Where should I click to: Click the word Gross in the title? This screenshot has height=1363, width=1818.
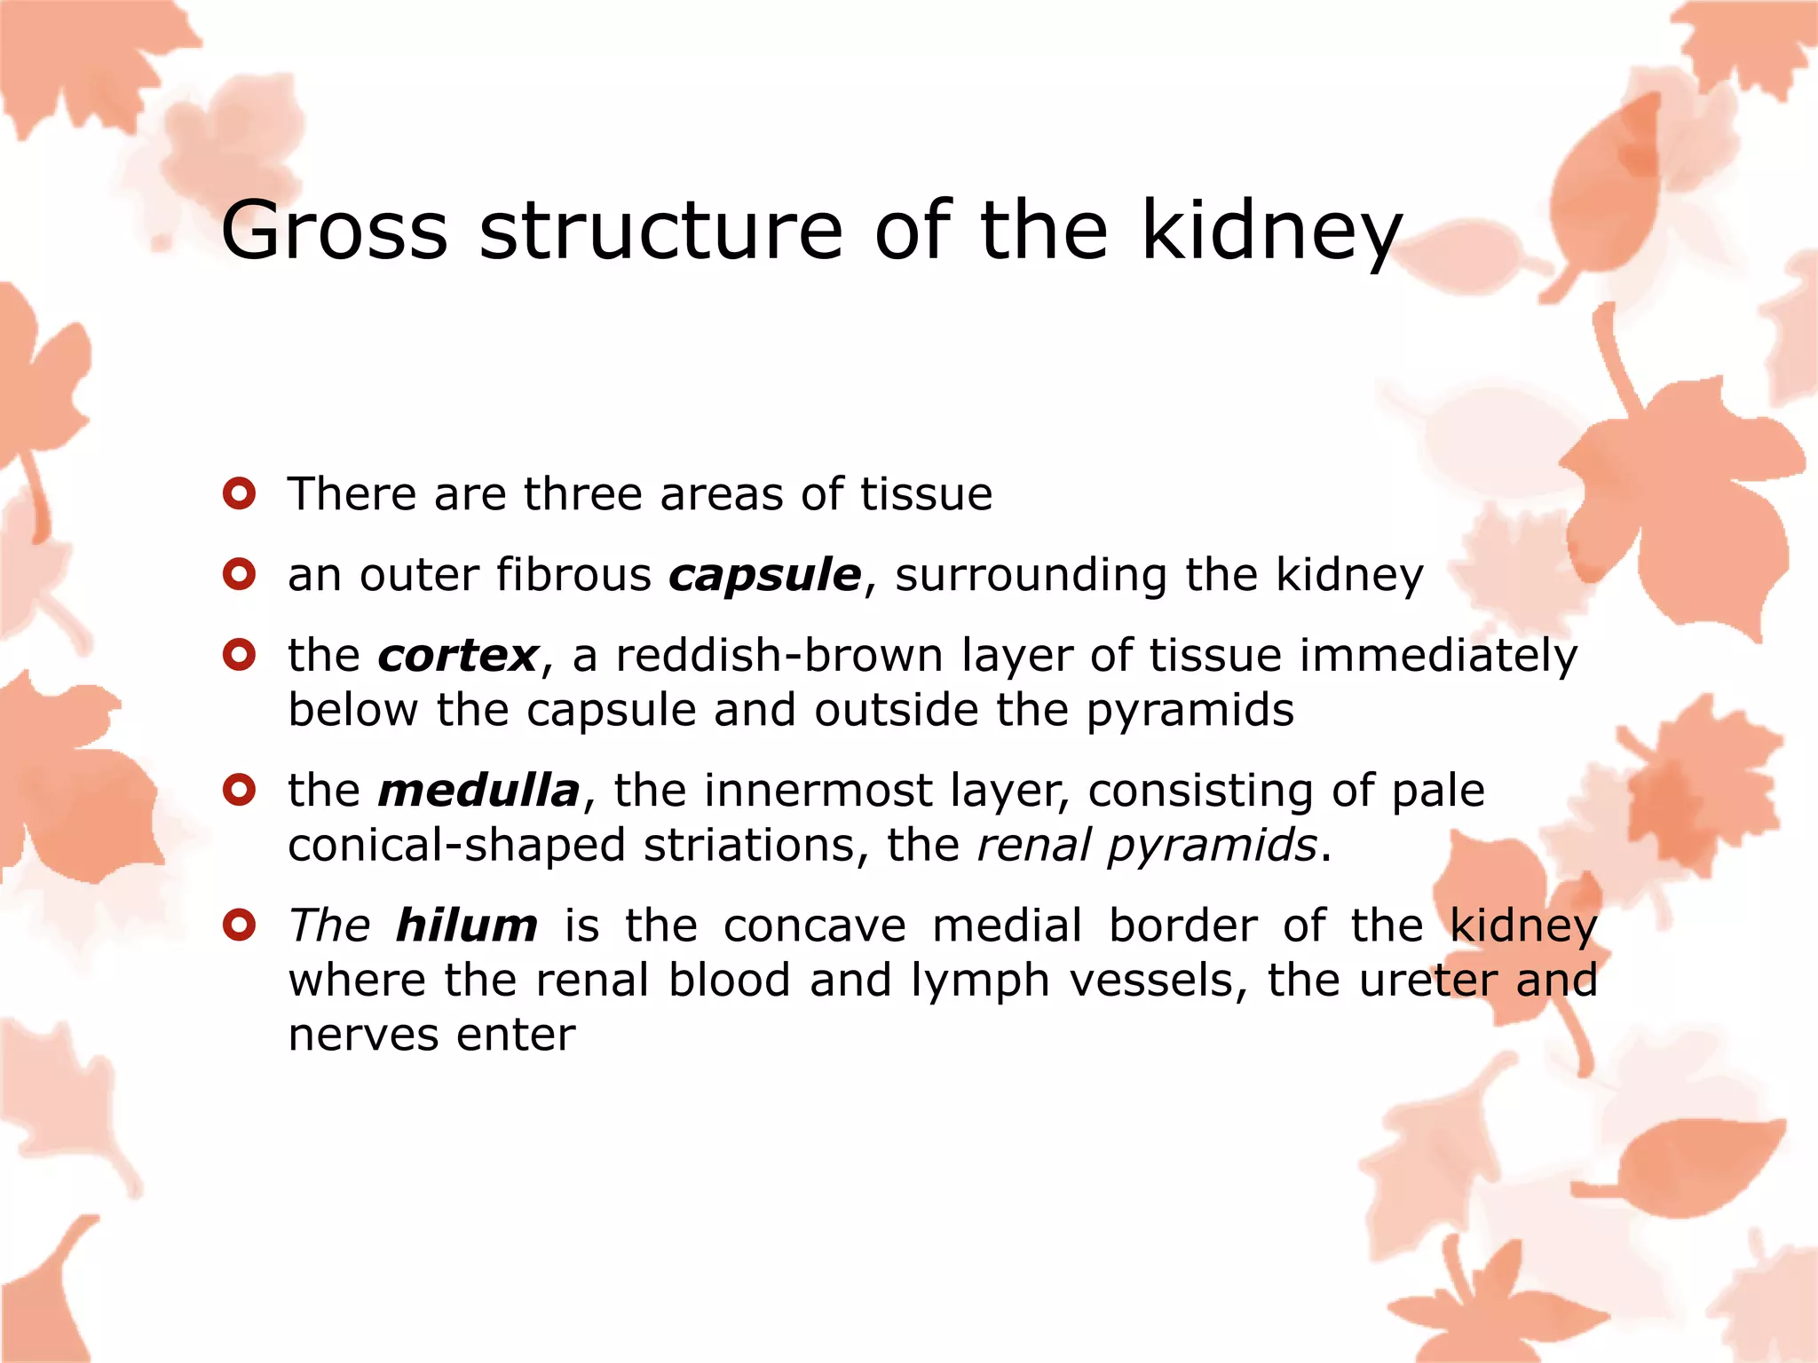point(334,231)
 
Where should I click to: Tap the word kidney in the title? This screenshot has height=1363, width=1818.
point(1271,232)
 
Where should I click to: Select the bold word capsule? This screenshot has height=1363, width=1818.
point(764,576)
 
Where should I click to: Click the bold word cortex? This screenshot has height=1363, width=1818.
point(458,657)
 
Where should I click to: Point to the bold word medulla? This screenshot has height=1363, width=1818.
point(478,791)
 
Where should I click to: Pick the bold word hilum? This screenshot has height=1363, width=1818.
point(467,926)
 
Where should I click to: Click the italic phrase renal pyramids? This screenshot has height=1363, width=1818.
point(1146,846)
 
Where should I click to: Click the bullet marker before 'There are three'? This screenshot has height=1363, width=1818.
point(240,493)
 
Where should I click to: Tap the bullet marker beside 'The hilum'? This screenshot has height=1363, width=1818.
point(240,926)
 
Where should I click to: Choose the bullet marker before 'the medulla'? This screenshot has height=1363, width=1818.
point(240,789)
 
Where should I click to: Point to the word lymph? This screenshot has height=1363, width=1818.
point(980,982)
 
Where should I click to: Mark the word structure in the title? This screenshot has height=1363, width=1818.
point(660,231)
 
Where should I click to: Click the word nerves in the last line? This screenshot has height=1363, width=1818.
point(363,1036)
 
